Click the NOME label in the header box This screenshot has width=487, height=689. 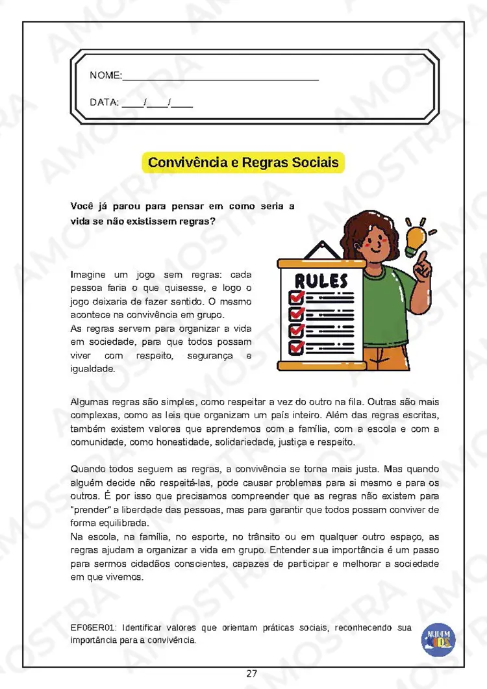pos(105,76)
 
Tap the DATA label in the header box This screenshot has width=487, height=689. pos(104,102)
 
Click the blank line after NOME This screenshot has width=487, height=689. pos(221,78)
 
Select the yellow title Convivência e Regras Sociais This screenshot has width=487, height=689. pos(243,162)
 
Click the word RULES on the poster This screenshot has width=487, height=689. pos(321,281)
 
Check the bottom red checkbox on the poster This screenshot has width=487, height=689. pos(296,347)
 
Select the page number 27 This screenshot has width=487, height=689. pos(252,673)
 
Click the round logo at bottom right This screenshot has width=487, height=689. pos(439,638)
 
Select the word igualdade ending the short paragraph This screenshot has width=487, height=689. pos(93,369)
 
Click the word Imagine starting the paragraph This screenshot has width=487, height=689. pos(88,275)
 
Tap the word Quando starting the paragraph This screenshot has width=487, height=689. pos(88,469)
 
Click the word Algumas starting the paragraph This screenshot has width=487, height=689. pos(90,402)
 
